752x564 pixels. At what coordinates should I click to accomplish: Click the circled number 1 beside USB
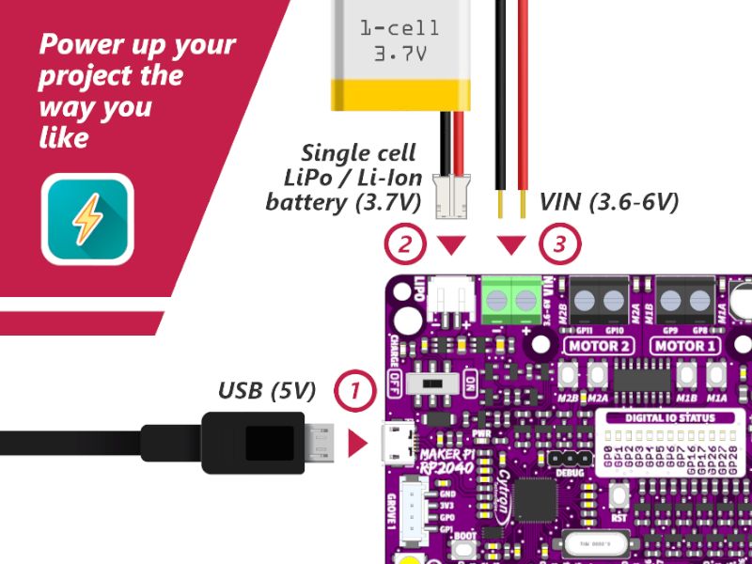(354, 389)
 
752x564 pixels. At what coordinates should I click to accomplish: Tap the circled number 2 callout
(404, 246)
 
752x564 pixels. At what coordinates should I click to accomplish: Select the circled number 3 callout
(559, 246)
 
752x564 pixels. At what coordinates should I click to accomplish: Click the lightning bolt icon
(87, 219)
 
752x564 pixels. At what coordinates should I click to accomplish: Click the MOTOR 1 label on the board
(684, 346)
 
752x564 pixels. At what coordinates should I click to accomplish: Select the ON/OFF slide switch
(433, 384)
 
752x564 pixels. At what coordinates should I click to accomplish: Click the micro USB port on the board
(397, 443)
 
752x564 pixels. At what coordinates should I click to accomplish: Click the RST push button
(619, 494)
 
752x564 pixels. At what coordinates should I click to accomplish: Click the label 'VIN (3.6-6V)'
(608, 202)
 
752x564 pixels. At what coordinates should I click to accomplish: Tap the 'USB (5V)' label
(267, 389)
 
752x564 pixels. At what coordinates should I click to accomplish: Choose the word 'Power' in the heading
(83, 45)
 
